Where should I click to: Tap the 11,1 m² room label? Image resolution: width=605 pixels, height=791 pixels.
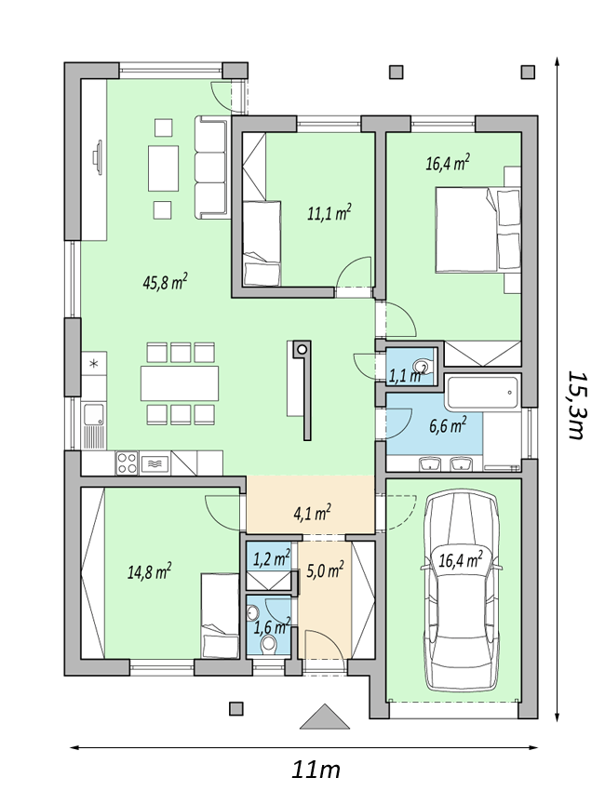point(329,213)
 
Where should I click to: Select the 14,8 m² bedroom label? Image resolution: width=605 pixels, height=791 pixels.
point(149,572)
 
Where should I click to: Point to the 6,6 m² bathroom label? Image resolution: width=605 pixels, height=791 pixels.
point(448,424)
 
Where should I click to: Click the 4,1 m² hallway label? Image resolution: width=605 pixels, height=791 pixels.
point(312,514)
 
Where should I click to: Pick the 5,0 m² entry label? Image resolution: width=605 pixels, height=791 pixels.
point(325,570)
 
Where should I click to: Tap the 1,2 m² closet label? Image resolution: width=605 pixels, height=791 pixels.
point(272,558)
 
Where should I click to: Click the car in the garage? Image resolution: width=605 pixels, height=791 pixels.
point(460,591)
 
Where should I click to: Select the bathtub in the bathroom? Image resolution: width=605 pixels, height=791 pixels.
point(481,394)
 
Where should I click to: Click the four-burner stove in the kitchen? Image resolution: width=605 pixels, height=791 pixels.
point(128,463)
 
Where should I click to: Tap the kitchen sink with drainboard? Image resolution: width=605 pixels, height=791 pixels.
point(94,426)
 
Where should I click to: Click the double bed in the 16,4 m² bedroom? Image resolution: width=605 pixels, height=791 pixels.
point(477,230)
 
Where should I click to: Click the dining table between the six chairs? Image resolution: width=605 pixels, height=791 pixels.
point(180,383)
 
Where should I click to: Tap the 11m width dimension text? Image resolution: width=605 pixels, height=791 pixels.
point(316,771)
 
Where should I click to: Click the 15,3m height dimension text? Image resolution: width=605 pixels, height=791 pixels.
point(577,406)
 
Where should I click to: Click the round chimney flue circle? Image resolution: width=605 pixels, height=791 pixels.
point(302,349)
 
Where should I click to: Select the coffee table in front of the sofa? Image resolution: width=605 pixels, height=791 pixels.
point(163,168)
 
